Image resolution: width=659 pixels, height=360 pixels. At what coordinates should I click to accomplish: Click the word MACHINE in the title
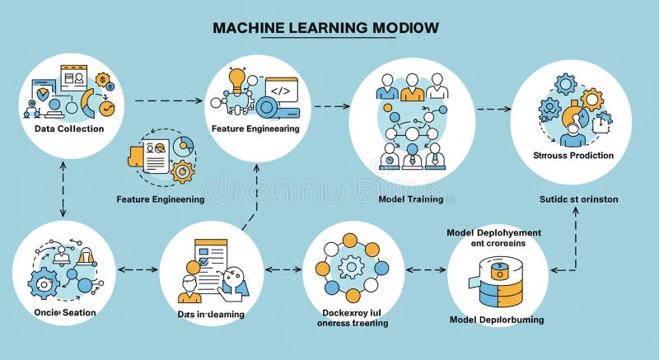[248, 28]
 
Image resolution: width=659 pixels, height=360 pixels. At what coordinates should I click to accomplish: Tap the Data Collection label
[69, 129]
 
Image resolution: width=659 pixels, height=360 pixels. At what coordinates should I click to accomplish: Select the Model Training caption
[410, 199]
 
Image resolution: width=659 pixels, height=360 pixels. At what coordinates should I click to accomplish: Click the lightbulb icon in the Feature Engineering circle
[237, 81]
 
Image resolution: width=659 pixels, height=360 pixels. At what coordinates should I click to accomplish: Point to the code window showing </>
[280, 89]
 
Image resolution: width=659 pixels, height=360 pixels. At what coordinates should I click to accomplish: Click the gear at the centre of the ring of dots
[352, 266]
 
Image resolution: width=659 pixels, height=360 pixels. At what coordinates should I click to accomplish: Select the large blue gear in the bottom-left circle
[43, 283]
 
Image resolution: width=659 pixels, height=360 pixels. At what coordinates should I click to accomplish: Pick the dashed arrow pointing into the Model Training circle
[331, 106]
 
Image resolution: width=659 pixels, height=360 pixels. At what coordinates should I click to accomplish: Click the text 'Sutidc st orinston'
[578, 199]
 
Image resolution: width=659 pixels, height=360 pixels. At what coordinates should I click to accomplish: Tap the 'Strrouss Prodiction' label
[573, 155]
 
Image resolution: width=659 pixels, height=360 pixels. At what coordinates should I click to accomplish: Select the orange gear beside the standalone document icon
[182, 171]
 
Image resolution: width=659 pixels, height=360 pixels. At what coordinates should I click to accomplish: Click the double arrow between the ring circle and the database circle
[427, 269]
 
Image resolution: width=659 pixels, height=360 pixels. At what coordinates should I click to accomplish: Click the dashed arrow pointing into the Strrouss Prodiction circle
[493, 109]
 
